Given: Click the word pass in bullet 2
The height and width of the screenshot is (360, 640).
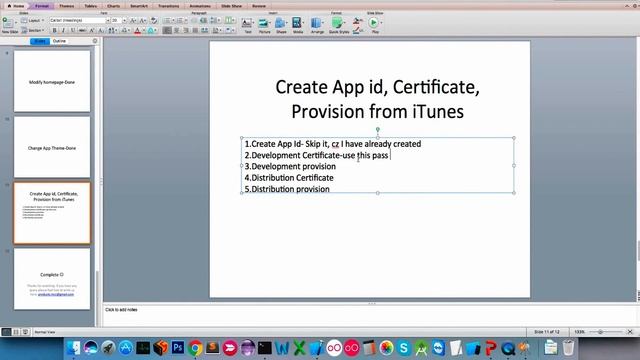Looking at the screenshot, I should coord(381,155).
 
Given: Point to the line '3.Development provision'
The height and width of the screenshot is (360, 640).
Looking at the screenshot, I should coord(290,166).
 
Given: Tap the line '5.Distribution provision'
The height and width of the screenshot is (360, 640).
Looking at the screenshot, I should coord(287,188).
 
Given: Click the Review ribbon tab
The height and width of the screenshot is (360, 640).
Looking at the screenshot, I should coord(258,5).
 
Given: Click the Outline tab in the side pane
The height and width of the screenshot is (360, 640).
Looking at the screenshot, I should coord(59,42).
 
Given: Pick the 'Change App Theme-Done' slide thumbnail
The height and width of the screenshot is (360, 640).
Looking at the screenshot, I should coord(51,146).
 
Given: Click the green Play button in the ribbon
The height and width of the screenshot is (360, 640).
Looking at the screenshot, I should coord(374,23).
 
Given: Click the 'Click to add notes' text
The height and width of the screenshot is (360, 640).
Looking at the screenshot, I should coord(124,310).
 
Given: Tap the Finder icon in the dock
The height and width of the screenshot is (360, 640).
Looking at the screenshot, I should coord(72,348).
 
